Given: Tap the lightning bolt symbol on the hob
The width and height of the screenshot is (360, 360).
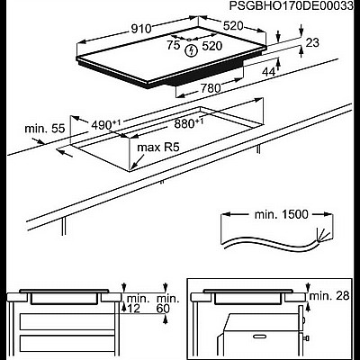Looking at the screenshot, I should (x=189, y=51).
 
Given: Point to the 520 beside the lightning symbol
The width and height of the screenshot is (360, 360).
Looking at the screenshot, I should (x=213, y=44).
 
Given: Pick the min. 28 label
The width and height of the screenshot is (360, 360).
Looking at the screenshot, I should (x=328, y=295).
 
